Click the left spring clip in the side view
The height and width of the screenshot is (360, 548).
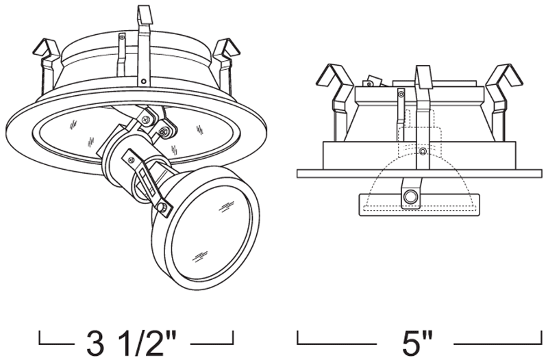[x=336, y=98]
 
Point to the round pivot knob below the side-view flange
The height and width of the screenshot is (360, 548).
[x=410, y=196]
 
